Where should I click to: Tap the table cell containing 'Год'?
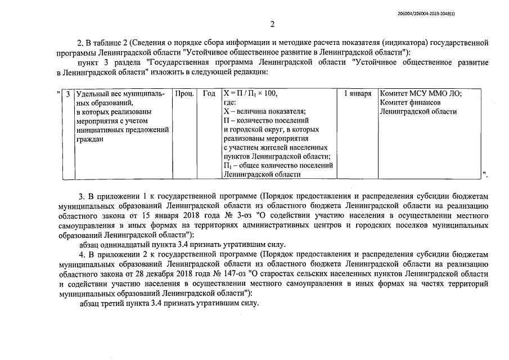coord(209,94)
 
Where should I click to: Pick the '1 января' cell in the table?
coord(358,94)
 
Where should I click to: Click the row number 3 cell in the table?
coord(67,94)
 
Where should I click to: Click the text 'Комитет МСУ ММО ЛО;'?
coord(421,94)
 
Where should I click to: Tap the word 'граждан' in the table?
coord(89,139)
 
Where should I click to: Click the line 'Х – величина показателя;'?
coord(264,111)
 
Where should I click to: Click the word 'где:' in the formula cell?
coord(229,103)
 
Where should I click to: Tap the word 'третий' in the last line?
coord(116,303)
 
